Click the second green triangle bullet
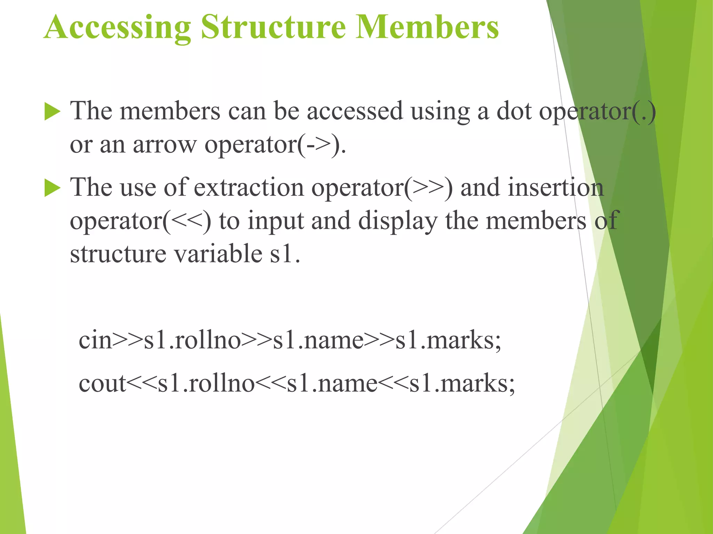coord(52,189)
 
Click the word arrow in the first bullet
coord(165,145)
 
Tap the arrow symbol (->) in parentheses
coord(318,145)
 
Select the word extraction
coord(249,188)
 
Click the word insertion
coord(555,188)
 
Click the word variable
coord(218,254)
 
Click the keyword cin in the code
coord(95,340)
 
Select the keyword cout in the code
coord(102,383)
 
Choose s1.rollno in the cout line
coord(206,383)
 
